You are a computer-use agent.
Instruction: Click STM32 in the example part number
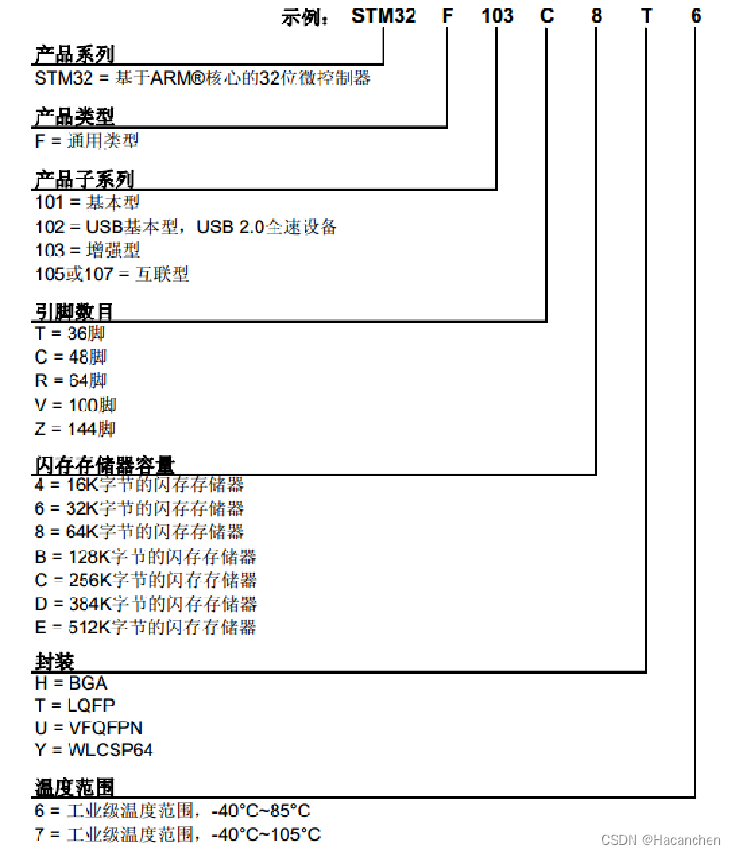tap(383, 15)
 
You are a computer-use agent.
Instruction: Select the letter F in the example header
tap(446, 15)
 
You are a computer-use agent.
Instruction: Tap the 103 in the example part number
tap(497, 15)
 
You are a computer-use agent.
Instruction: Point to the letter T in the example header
tap(646, 15)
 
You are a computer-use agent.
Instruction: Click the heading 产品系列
tap(73, 55)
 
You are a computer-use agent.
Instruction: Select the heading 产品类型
tap(73, 117)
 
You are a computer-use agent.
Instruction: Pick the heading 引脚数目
tap(73, 312)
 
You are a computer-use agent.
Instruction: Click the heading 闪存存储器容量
tap(103, 464)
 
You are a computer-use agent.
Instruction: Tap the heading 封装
tap(54, 661)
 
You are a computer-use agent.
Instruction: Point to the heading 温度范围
tap(73, 786)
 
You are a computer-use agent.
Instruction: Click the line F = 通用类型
tap(86, 141)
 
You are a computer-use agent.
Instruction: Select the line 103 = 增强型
tap(86, 251)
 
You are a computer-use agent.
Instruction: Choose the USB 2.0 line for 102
tap(185, 227)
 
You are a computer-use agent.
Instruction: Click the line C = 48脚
tap(70, 357)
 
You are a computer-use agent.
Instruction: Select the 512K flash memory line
tap(145, 628)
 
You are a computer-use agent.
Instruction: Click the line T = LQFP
tap(74, 705)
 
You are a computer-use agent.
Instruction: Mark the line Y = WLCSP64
tap(93, 751)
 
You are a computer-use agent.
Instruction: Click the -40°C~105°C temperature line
tap(177, 834)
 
